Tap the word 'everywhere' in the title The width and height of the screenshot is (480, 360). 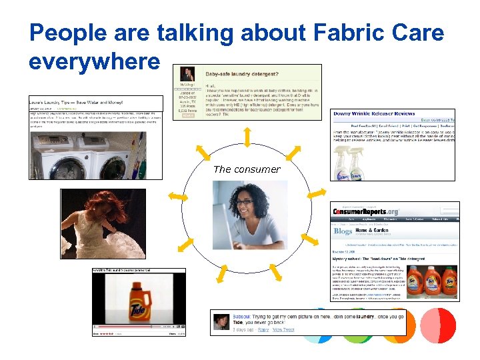pos(95,61)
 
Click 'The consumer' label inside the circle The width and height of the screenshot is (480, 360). pos(247,169)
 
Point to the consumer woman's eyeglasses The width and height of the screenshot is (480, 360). pos(245,201)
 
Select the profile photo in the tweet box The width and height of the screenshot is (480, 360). pos(221,321)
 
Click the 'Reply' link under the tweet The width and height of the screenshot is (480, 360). pos(263,330)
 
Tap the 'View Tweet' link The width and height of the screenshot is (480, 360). pos(283,330)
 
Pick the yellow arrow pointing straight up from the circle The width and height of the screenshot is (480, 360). pos(247,136)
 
